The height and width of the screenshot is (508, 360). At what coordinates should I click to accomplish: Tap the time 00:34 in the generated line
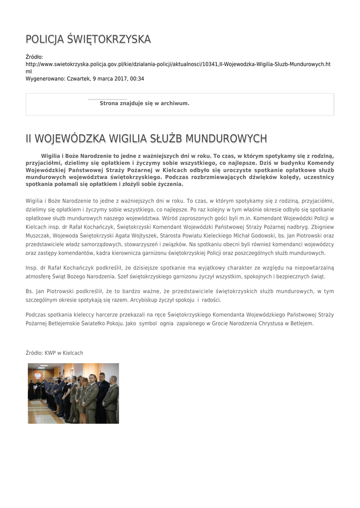137,78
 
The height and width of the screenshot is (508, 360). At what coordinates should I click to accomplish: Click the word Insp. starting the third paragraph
32,268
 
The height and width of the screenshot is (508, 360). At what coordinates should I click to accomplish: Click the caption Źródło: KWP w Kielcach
55,353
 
